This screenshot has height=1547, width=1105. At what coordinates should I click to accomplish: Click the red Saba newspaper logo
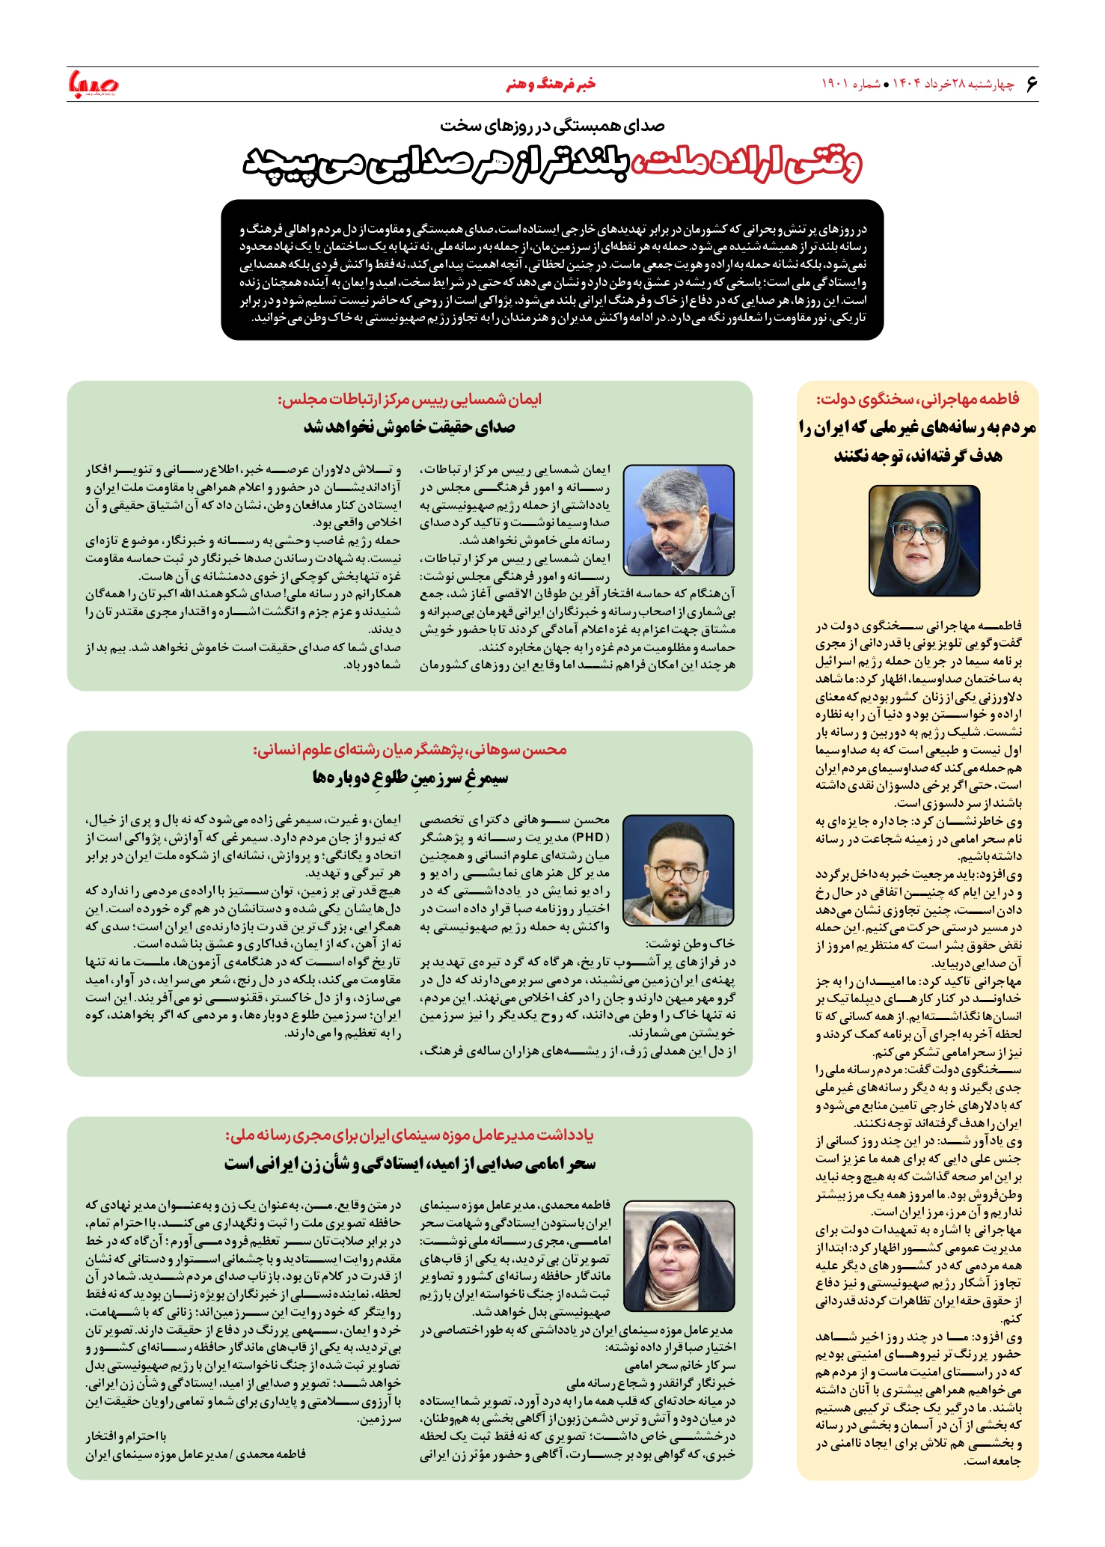93,84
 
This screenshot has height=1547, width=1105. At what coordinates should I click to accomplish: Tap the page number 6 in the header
1031,84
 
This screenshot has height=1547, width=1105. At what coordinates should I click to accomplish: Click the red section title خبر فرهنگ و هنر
551,84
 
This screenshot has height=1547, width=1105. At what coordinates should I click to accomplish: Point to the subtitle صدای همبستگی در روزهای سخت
552,125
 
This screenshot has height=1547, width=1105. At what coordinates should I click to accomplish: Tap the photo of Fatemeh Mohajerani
924,540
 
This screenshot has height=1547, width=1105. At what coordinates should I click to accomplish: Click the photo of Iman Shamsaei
679,520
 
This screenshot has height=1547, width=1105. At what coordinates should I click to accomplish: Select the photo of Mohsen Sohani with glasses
679,870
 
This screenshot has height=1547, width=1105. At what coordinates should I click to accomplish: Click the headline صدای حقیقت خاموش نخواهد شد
409,427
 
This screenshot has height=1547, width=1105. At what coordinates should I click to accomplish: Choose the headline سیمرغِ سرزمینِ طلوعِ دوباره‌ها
410,778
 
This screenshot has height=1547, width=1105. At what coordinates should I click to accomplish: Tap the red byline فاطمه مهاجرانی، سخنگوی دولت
917,398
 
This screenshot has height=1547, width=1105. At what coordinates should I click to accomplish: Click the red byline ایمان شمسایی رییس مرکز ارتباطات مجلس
409,400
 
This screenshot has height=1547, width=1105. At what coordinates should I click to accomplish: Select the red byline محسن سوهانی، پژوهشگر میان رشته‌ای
409,750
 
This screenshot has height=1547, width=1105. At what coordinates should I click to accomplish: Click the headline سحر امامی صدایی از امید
409,1164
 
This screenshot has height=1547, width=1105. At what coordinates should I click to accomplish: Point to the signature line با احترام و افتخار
126,1436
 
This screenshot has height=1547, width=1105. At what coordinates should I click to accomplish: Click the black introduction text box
552,269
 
